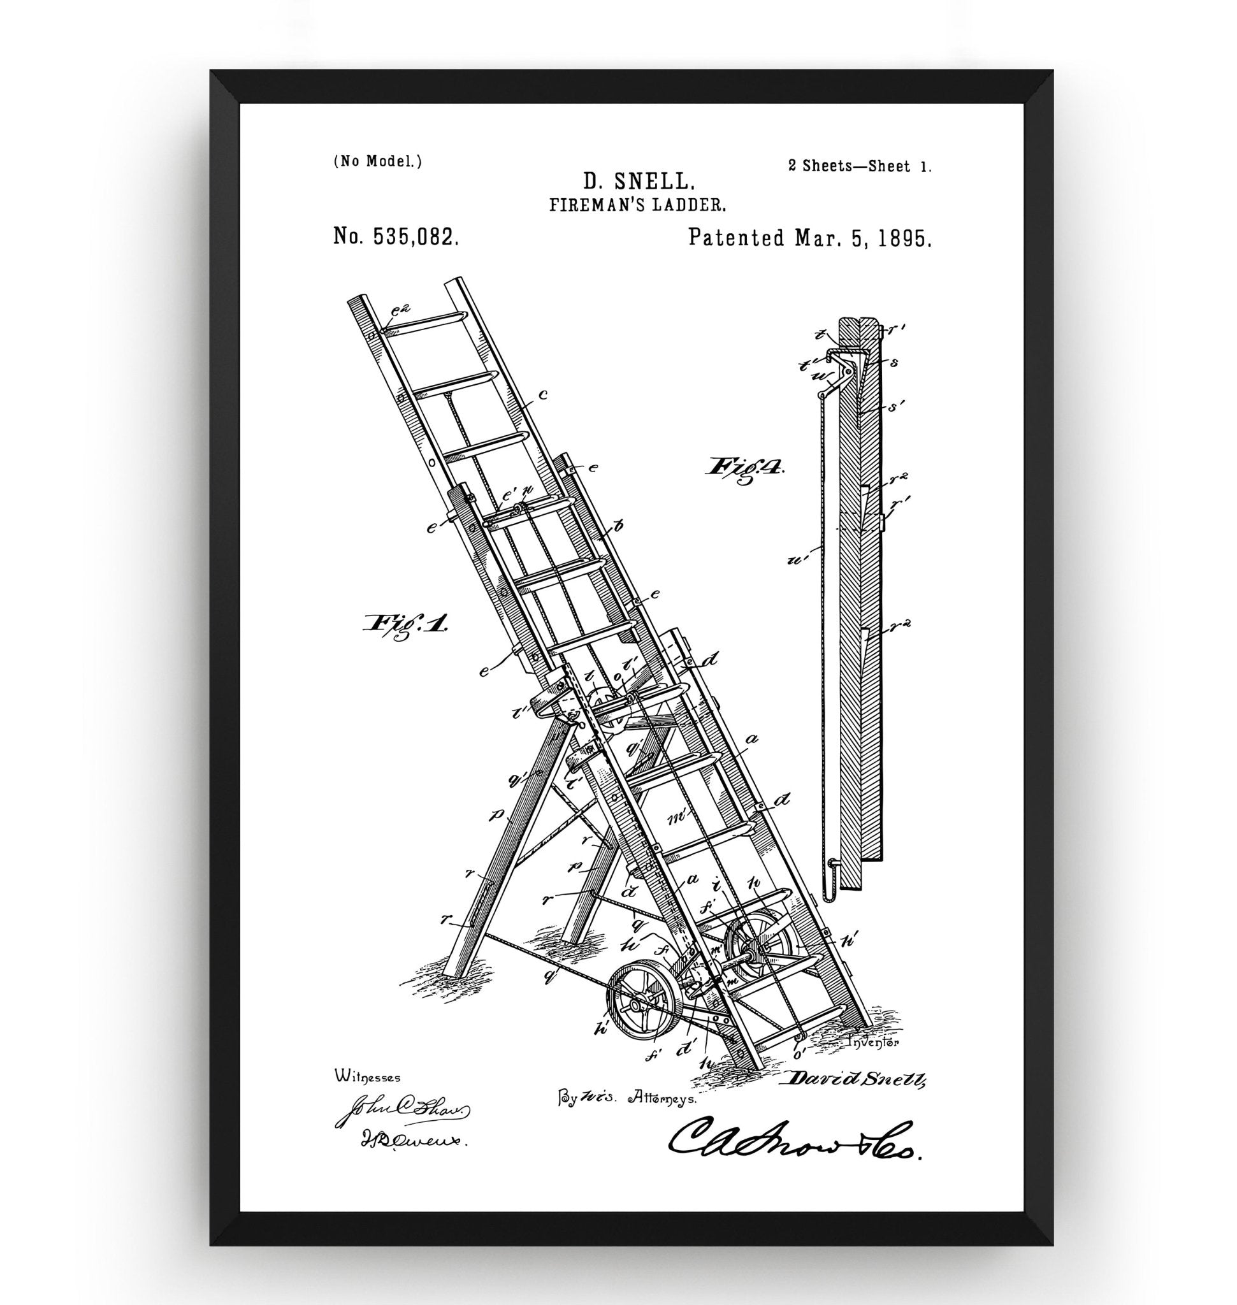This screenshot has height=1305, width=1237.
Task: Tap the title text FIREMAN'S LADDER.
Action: click(638, 205)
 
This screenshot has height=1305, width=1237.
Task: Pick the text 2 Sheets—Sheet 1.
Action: click(859, 166)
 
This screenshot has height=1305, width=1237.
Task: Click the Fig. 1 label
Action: click(405, 623)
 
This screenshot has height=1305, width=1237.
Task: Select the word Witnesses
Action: click(367, 1077)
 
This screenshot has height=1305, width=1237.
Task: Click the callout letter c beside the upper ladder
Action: click(542, 395)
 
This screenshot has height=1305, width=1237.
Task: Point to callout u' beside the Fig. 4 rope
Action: click(800, 561)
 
